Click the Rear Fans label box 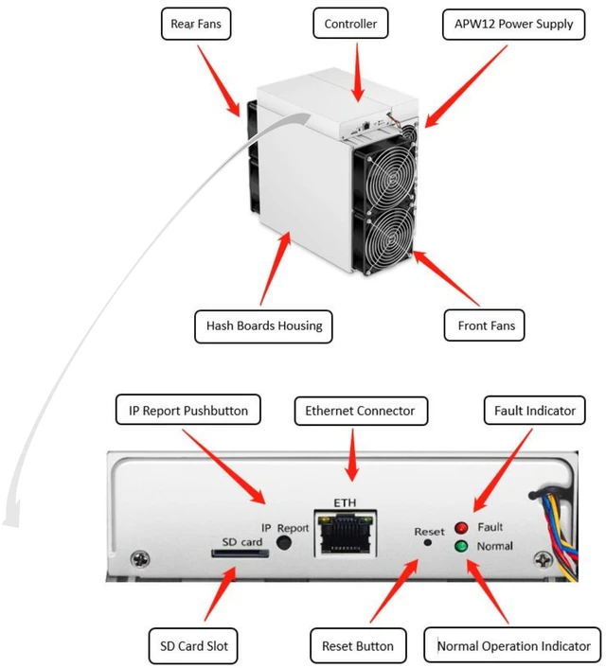tap(196, 24)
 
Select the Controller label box tap(350, 23)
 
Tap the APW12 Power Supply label tap(513, 24)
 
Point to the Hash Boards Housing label tap(263, 326)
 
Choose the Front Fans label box tap(485, 325)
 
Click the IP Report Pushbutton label tap(188, 410)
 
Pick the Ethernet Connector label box tap(361, 411)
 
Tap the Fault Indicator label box tap(535, 411)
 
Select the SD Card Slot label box tap(193, 646)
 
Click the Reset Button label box tap(358, 646)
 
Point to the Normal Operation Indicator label tap(512, 646)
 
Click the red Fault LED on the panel tap(461, 528)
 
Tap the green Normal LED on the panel tap(461, 546)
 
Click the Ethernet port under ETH tap(346, 534)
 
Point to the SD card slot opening tap(241, 553)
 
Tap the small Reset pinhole tap(428, 543)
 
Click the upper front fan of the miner tap(384, 175)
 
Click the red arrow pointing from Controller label tap(358, 72)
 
